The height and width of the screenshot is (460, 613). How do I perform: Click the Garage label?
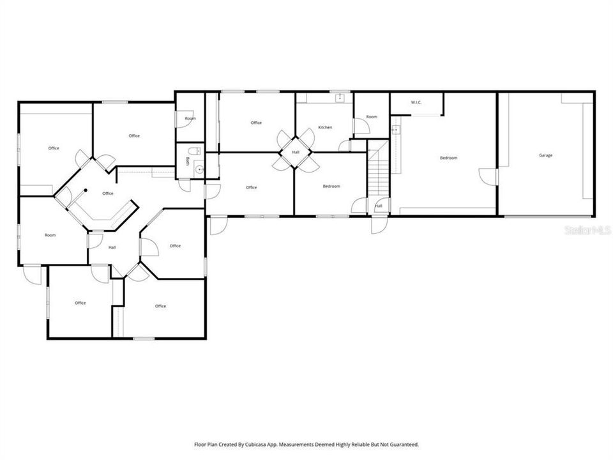[545, 155]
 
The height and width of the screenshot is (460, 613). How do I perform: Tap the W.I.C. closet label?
[416, 102]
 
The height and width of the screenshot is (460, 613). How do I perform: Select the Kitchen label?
[325, 127]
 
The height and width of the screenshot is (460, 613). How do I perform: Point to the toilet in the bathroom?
[198, 151]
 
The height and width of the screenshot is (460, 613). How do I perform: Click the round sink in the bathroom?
[199, 169]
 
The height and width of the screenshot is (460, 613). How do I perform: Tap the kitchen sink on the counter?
[340, 98]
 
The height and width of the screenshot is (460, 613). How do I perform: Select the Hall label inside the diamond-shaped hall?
[296, 152]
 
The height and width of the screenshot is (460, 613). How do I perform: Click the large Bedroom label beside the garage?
[448, 158]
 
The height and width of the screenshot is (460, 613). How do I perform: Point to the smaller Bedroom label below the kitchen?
[331, 186]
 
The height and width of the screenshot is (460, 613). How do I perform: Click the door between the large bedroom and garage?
[489, 176]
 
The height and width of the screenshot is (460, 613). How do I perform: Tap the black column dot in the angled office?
[85, 189]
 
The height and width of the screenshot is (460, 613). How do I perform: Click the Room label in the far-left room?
[50, 235]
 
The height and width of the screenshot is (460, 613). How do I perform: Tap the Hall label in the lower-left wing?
[112, 247]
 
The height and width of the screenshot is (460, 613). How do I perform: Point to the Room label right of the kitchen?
[372, 117]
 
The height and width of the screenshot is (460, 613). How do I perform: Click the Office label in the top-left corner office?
[54, 148]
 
